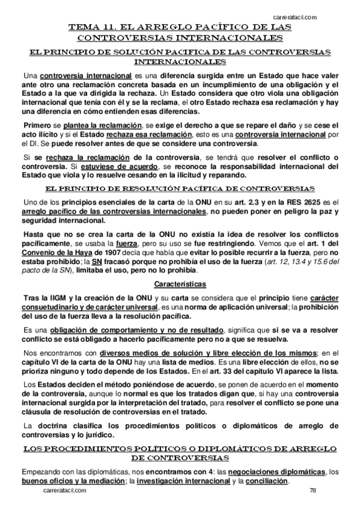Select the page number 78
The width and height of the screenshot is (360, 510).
(x=313, y=490)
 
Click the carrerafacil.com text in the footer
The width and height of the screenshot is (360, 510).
(x=66, y=490)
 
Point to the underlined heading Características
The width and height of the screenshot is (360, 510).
(x=180, y=266)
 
